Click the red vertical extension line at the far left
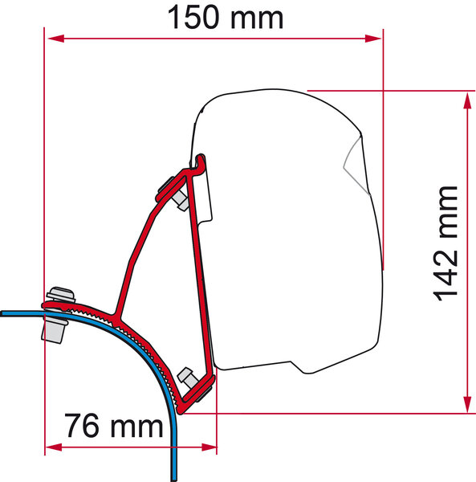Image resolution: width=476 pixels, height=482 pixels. click(x=45, y=161)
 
